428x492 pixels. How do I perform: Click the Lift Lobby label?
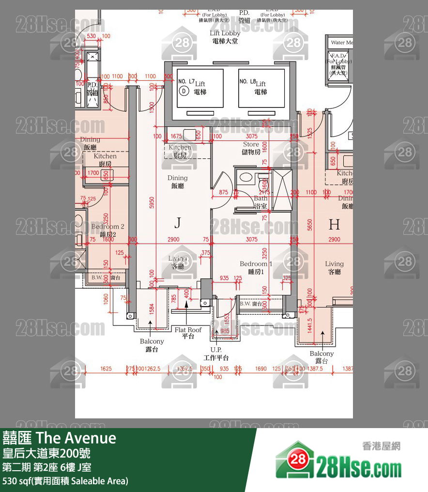(225, 37)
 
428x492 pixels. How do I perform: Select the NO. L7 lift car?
(200, 88)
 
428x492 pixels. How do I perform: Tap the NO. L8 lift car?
(261, 88)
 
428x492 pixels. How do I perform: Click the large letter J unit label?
(178, 223)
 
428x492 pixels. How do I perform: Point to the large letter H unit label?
(334, 224)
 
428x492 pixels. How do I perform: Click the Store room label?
(251, 148)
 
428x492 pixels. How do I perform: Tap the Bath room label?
(260, 202)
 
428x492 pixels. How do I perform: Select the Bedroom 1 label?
(256, 267)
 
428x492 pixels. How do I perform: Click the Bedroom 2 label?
(107, 230)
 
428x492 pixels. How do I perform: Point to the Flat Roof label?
(188, 333)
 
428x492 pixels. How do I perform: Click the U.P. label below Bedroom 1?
(216, 353)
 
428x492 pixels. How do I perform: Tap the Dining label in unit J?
(177, 182)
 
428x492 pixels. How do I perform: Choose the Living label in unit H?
(334, 267)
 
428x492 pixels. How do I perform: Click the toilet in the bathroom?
(246, 177)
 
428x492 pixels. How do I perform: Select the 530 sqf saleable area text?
(65, 481)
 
